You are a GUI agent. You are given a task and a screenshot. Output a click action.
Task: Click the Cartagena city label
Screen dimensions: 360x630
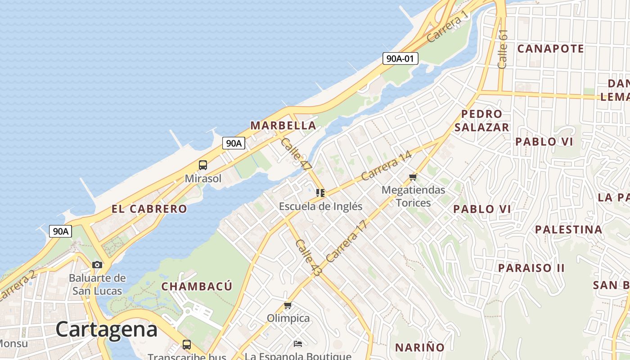pos(107,330)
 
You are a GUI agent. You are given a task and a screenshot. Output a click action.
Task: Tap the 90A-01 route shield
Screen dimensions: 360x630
pos(400,58)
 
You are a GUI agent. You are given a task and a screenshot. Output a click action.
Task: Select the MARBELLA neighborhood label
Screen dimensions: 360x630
pos(283,126)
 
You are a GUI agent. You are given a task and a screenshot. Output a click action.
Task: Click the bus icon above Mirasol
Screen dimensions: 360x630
pos(203,165)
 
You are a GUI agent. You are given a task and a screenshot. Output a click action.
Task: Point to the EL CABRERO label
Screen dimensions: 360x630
pos(149,209)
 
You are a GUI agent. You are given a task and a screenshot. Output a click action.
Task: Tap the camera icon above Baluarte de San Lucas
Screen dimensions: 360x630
pos(97,265)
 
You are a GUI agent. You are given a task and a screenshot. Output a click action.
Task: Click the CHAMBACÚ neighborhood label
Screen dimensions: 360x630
pos(197,286)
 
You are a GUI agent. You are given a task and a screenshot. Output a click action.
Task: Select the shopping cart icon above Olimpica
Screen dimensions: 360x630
pos(288,306)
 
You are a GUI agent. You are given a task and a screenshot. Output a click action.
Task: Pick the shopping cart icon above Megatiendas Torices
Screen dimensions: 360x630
pos(413,177)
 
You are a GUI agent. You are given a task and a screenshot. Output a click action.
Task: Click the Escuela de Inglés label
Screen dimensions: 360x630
pos(320,207)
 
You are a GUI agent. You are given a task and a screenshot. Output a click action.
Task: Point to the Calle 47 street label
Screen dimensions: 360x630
pos(296,154)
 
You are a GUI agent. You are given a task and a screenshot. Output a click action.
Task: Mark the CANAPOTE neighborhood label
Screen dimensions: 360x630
pos(550,49)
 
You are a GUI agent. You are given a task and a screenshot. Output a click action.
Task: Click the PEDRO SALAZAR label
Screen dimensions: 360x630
pos(481,121)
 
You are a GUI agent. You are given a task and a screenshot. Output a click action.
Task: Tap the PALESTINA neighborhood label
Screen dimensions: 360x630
pos(568,229)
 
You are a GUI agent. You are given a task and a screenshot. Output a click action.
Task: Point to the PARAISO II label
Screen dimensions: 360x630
pos(531,268)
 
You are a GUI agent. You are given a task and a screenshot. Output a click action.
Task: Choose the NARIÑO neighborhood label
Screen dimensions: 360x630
pos(419,347)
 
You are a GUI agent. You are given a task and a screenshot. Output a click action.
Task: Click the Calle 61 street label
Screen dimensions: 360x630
pos(503,49)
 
